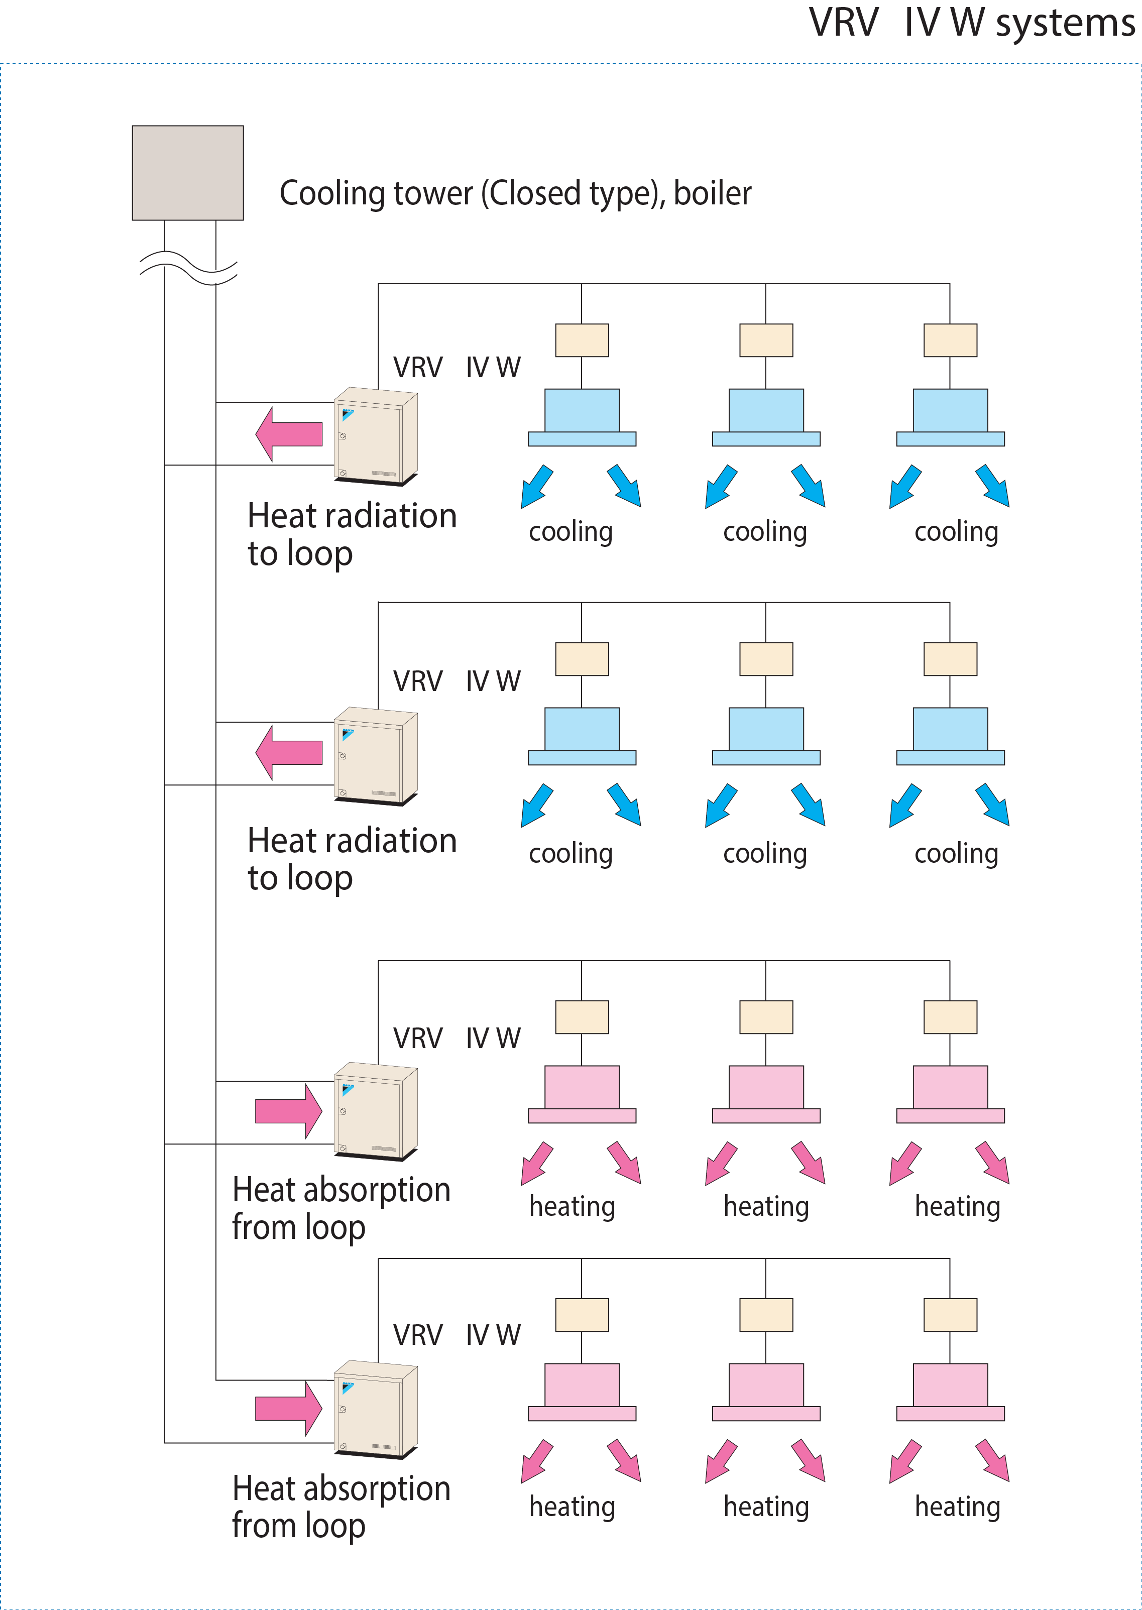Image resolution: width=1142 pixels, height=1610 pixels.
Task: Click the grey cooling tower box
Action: point(188,173)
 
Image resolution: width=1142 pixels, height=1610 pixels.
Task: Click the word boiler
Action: point(712,193)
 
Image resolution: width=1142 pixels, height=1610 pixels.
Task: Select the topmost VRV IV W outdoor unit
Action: point(376,436)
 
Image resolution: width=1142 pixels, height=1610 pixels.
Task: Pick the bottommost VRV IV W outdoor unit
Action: point(376,1409)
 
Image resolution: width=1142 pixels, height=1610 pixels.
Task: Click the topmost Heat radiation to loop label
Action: point(352,534)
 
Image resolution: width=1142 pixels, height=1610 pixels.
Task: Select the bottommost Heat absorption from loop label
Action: point(341,1506)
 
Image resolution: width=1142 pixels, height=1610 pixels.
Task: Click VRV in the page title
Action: point(843,23)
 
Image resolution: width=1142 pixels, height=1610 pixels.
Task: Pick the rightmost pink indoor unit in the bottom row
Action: point(950,1392)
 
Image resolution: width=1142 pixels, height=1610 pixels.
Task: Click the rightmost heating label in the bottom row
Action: point(957,1507)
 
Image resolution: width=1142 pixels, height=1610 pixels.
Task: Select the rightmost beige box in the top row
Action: point(950,340)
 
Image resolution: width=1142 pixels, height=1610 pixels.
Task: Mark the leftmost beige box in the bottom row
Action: point(582,1315)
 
